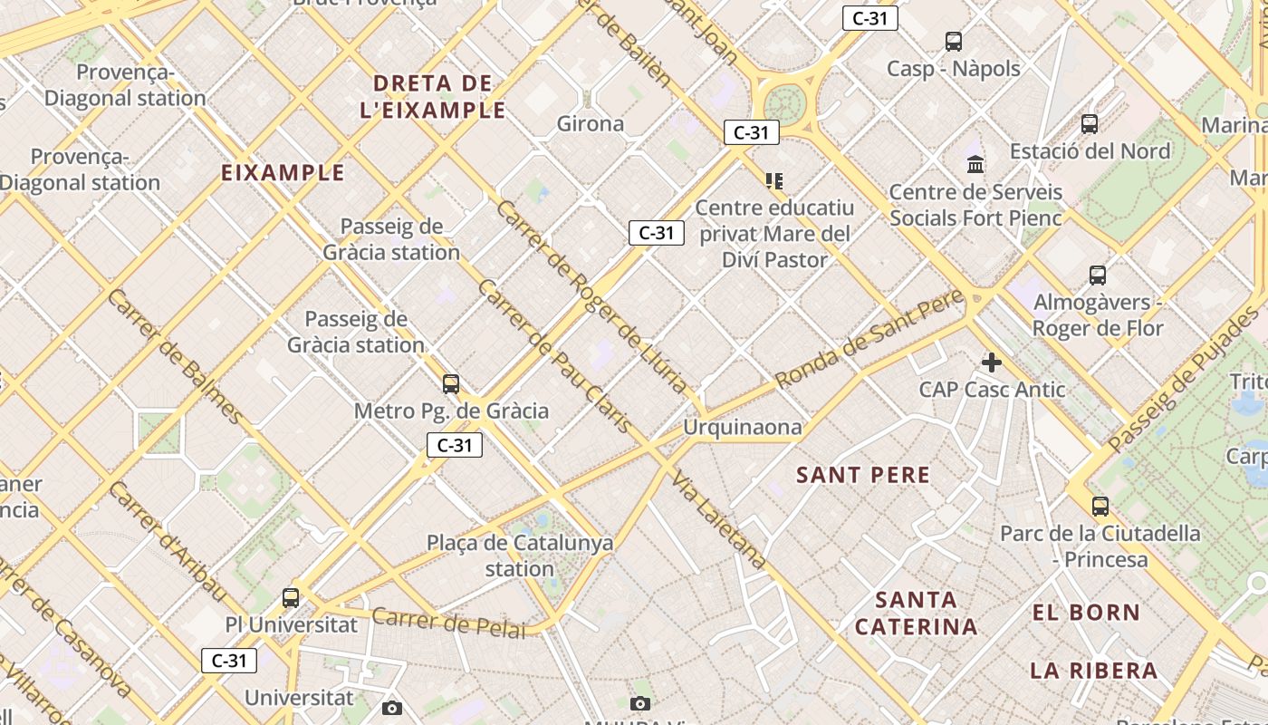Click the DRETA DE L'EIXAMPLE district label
pyautogui.click(x=439, y=97)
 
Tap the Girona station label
pyautogui.click(x=591, y=124)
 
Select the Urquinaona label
pyautogui.click(x=743, y=427)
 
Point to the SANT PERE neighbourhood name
pyautogui.click(x=863, y=475)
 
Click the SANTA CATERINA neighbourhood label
pyautogui.click(x=917, y=613)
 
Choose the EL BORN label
pyautogui.click(x=1086, y=613)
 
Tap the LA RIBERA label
pyautogui.click(x=1094, y=671)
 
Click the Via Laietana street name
pyautogui.click(x=719, y=524)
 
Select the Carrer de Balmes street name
pyautogui.click(x=174, y=356)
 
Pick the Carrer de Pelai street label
pyautogui.click(x=448, y=622)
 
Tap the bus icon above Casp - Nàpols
pyautogui.click(x=954, y=42)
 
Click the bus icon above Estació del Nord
pyautogui.click(x=1090, y=124)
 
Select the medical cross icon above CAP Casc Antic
pyautogui.click(x=992, y=363)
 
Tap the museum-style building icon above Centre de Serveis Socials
pyautogui.click(x=975, y=165)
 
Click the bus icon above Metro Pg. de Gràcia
pyautogui.click(x=451, y=384)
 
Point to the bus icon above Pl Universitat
pyautogui.click(x=291, y=598)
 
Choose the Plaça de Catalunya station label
pyautogui.click(x=520, y=556)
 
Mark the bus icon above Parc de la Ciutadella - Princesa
pyautogui.click(x=1100, y=507)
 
